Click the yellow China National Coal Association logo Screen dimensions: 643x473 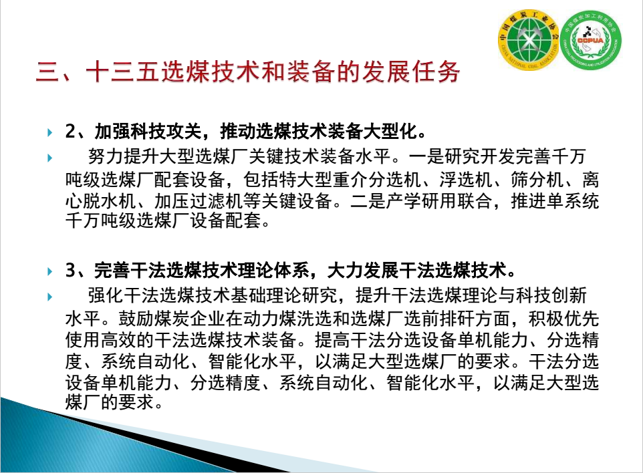pyautogui.click(x=529, y=39)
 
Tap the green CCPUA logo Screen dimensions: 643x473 pyautogui.click(x=591, y=39)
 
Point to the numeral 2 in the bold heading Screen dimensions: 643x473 pyautogui.click(x=70, y=132)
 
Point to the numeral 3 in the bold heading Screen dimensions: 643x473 pyautogui.click(x=70, y=271)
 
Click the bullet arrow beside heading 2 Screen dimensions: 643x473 pyautogui.click(x=50, y=132)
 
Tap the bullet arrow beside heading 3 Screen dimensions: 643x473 pyautogui.click(x=50, y=271)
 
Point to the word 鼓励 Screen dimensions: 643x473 pyautogui.click(x=136, y=319)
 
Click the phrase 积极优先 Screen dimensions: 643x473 pyautogui.click(x=563, y=319)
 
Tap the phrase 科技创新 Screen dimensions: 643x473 pyautogui.click(x=551, y=295)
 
